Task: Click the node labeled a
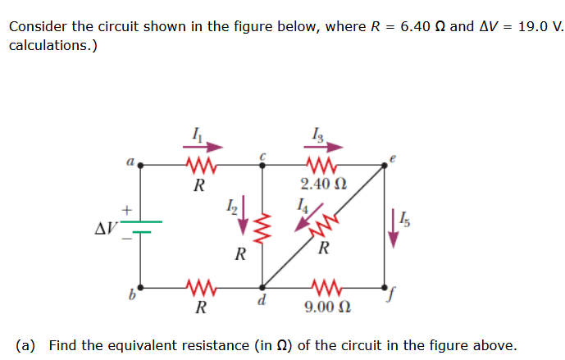pos(140,165)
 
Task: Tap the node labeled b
pos(140,288)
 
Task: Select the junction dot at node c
pos(262,165)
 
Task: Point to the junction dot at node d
pos(262,288)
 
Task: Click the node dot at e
pos(385,165)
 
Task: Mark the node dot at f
pos(385,288)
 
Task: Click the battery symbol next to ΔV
pos(140,226)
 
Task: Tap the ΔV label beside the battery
pos(107,226)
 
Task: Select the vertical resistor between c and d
pos(262,227)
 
